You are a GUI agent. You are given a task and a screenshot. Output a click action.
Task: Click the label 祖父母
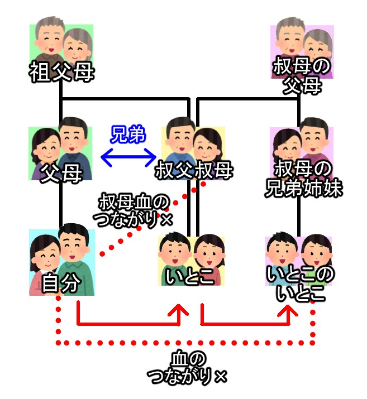(x=61, y=73)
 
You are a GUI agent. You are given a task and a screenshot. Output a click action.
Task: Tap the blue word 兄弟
(x=128, y=135)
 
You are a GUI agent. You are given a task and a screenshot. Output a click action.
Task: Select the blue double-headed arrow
(x=128, y=158)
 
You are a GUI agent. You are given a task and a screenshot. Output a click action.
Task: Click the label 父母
(x=61, y=170)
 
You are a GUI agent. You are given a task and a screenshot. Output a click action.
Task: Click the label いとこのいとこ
(x=301, y=283)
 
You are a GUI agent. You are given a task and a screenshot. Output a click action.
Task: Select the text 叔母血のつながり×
(x=135, y=210)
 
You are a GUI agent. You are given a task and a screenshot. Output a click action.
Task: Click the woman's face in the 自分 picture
(x=45, y=252)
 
